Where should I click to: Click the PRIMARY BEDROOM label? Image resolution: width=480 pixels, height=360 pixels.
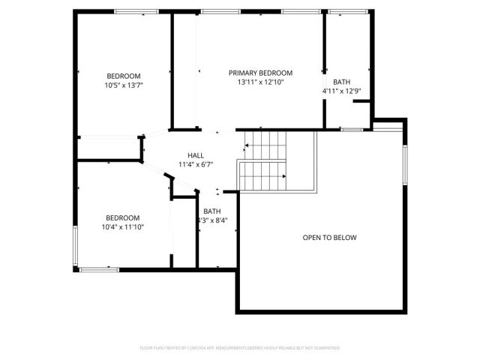(x=260, y=73)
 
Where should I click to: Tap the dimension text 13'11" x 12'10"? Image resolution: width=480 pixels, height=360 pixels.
(x=260, y=82)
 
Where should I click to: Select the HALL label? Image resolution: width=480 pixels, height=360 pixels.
(x=196, y=155)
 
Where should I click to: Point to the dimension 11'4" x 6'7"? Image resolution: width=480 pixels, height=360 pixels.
(x=196, y=164)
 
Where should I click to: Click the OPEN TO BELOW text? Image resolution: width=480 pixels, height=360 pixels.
(x=329, y=238)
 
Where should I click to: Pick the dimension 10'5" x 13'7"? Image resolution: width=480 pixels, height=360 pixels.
(x=124, y=85)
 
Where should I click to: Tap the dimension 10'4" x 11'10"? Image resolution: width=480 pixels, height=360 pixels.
(x=122, y=226)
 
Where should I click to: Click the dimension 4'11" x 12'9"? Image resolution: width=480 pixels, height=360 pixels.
(x=341, y=91)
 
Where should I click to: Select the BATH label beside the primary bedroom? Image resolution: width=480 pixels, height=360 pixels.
(x=341, y=82)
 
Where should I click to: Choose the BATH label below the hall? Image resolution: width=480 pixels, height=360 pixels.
(x=212, y=211)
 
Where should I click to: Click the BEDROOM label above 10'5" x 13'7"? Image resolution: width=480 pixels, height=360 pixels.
(x=124, y=76)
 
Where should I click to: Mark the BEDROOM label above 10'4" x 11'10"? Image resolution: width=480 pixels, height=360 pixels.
(x=122, y=217)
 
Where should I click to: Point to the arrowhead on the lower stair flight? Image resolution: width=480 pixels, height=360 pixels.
(x=284, y=176)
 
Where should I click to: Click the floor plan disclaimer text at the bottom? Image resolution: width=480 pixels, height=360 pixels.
(x=240, y=348)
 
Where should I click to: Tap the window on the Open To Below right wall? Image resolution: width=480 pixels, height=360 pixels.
(x=404, y=165)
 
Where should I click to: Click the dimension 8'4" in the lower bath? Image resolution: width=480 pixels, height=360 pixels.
(x=220, y=220)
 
